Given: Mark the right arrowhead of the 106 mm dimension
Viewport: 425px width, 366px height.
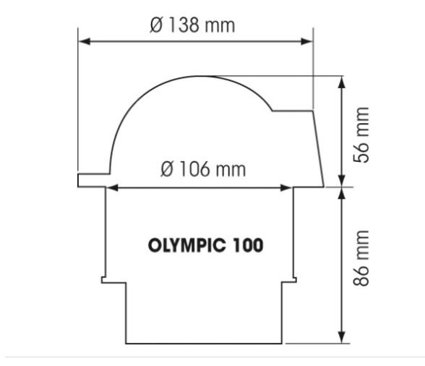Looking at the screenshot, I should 288,187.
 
